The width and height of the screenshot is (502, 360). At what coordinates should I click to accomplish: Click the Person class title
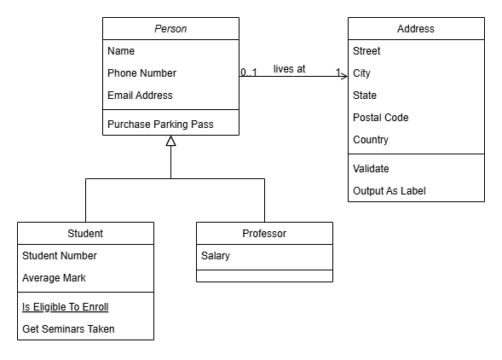[x=170, y=29]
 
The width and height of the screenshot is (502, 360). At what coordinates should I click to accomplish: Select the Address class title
[x=416, y=29]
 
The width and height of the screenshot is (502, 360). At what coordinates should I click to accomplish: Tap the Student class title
[x=85, y=234]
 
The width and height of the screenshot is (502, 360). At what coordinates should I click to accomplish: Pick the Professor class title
[x=264, y=234]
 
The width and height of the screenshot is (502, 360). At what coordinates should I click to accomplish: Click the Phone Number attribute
[x=141, y=73]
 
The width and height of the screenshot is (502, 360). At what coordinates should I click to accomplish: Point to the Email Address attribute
[x=140, y=96]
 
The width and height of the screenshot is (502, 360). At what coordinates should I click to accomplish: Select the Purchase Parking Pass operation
[x=160, y=125]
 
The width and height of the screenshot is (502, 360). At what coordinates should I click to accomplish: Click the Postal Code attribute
[x=381, y=118]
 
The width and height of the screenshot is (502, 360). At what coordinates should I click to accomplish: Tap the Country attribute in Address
[x=371, y=140]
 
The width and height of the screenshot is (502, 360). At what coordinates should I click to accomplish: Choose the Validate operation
[x=371, y=169]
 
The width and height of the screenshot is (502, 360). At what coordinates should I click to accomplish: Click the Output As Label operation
[x=389, y=191]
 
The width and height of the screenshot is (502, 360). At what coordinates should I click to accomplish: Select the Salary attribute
[x=216, y=256]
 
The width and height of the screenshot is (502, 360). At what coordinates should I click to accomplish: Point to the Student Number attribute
[x=60, y=256]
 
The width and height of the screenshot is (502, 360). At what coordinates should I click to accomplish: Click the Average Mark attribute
[x=54, y=278]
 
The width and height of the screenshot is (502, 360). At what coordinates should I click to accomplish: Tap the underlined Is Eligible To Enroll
[x=66, y=307]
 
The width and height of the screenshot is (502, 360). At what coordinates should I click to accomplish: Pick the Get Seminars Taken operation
[x=68, y=329]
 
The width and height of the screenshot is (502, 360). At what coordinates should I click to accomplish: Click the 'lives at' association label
[x=290, y=69]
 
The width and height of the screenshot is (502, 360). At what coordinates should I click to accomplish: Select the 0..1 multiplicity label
[x=249, y=73]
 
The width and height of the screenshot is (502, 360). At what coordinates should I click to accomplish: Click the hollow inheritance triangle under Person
[x=171, y=141]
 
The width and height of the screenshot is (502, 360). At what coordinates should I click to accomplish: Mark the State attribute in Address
[x=365, y=96]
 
